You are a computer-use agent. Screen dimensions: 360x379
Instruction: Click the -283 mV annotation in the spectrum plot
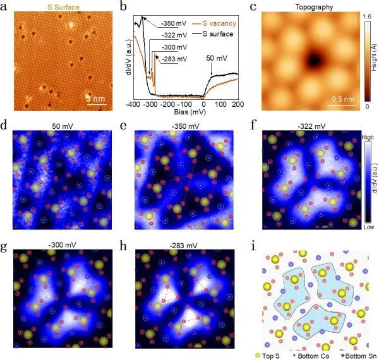click(x=174, y=59)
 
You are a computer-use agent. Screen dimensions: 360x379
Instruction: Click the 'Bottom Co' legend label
click(x=316, y=356)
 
